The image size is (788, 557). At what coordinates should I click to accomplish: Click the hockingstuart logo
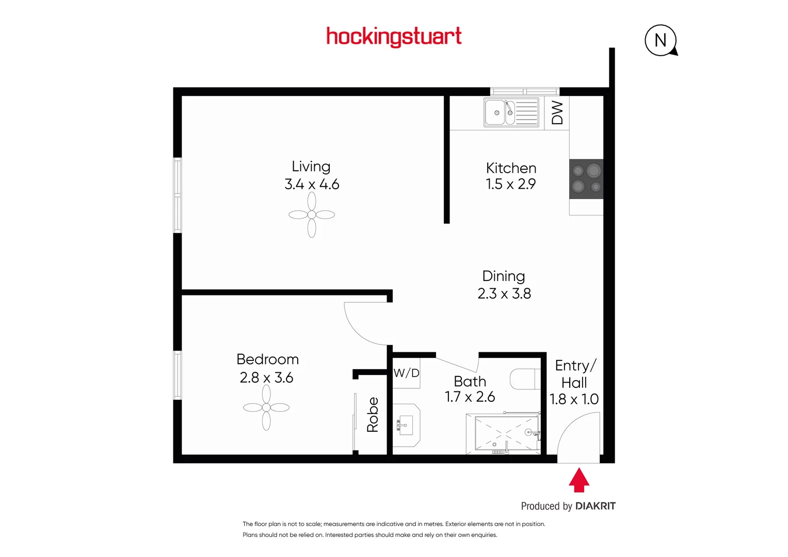(394, 37)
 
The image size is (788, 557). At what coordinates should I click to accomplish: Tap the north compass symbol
(661, 40)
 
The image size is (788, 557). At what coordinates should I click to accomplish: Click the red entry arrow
(579, 480)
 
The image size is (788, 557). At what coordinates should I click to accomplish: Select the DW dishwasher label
(557, 112)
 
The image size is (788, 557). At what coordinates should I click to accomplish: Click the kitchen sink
(511, 112)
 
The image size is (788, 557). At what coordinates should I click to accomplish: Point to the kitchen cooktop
(586, 178)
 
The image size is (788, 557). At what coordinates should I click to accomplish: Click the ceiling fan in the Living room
(312, 215)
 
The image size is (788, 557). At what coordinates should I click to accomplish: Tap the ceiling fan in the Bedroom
(266, 407)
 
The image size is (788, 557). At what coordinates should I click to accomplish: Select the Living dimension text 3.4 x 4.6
(312, 184)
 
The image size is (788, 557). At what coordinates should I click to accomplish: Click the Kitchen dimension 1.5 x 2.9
(510, 184)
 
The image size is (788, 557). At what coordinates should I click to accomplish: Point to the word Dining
(503, 276)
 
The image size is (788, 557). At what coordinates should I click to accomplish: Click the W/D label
(406, 373)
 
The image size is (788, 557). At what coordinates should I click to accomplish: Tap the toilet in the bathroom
(524, 379)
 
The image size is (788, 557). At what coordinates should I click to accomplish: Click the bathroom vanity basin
(406, 425)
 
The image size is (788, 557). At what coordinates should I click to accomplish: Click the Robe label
(373, 415)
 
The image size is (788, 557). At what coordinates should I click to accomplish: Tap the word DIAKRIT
(595, 506)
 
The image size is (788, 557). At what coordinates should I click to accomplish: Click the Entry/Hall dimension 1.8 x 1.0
(573, 399)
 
